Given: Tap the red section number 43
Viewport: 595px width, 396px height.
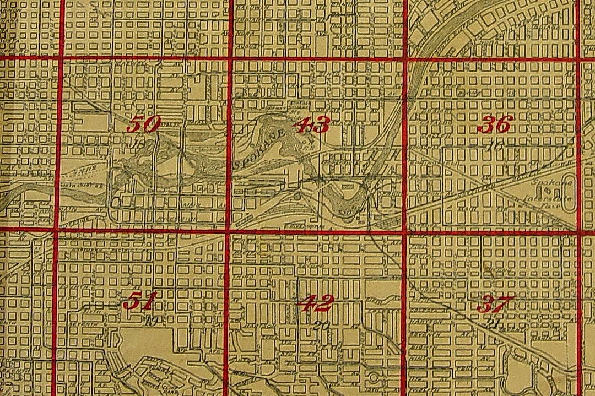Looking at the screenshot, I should (313, 125).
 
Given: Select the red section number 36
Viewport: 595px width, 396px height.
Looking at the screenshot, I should (495, 125).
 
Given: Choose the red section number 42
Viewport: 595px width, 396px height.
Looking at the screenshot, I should (315, 302).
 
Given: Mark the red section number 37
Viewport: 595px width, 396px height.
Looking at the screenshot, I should (495, 303).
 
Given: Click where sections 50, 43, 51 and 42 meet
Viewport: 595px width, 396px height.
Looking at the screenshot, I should (227, 231).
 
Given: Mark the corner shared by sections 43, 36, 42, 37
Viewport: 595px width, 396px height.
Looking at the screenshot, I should (405, 232).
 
